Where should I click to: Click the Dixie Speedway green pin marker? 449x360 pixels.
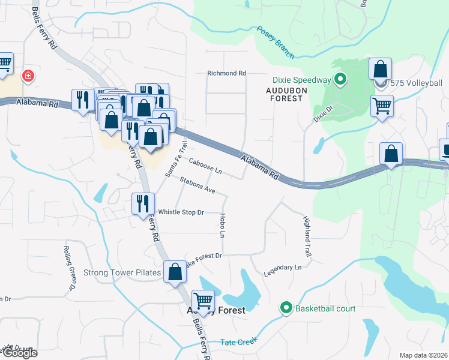coord(340,79)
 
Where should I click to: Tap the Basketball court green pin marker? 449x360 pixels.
coord(286,308)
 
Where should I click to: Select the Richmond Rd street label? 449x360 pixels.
coord(226,73)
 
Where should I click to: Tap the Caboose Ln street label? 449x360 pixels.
coord(205,166)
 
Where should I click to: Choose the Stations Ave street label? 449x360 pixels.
coord(197,185)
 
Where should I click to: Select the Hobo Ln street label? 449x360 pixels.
coord(221,225)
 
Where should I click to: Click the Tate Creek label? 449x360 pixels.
coord(238,341)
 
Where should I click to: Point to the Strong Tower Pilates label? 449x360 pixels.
coord(122,272)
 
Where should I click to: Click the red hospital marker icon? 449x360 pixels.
coord(27,76)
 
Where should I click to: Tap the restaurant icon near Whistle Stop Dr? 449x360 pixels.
coord(143,203)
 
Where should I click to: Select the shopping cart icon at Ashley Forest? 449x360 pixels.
coord(203,301)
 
